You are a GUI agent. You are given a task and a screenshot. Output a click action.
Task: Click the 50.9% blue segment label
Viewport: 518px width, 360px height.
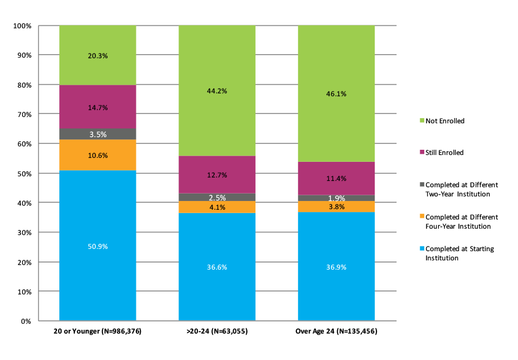[97, 246]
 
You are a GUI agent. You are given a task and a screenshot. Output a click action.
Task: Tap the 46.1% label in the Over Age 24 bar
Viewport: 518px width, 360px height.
[336, 93]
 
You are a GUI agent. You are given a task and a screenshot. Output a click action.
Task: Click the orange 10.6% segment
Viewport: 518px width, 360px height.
[97, 155]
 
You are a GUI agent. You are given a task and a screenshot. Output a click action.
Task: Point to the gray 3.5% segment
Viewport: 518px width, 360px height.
[97, 134]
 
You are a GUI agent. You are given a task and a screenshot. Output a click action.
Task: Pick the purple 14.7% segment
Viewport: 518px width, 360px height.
[97, 107]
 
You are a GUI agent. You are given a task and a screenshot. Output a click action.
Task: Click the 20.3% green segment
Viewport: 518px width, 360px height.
[97, 56]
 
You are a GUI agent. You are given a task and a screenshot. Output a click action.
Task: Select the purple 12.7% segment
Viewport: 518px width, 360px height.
[216, 175]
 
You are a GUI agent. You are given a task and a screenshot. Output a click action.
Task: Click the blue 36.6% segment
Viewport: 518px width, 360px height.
[216, 267]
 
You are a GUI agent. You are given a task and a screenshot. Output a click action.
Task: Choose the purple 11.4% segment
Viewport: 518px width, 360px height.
[336, 179]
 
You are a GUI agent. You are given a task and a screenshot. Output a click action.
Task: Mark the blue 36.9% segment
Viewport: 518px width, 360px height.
[336, 267]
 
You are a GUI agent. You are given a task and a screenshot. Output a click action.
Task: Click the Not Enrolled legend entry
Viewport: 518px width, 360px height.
[443, 121]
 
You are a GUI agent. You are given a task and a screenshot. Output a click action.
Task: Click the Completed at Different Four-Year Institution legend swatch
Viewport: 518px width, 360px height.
[422, 217]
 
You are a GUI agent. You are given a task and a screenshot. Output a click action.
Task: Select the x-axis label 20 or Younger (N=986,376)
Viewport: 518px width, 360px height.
[97, 332]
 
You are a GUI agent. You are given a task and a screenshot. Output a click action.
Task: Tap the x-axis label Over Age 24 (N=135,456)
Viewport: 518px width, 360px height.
[336, 332]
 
